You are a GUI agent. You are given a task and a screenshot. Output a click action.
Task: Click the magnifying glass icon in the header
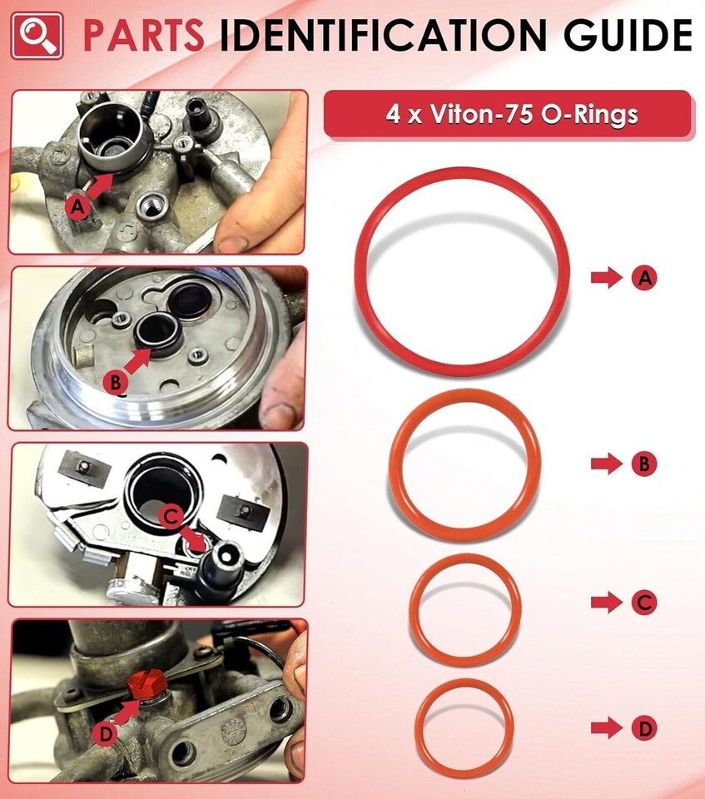coord(37,36)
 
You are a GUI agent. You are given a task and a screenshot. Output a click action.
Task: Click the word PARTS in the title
coord(143,36)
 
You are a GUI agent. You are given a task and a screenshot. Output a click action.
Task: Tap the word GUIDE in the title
coord(628,36)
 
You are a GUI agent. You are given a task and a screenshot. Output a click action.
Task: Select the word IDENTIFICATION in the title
coord(383,36)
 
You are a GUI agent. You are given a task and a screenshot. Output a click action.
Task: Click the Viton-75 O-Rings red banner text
coord(511,114)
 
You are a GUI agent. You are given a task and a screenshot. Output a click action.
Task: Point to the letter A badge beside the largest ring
coord(644,278)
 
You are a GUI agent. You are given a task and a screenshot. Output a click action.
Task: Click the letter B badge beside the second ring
coord(644,464)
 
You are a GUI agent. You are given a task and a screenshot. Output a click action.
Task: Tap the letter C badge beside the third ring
coord(644,603)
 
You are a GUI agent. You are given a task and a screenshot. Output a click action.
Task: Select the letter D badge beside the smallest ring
coord(644,729)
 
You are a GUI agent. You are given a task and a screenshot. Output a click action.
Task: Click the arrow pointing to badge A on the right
coord(607,278)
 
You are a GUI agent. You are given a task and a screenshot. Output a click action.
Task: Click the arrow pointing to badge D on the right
coord(607,729)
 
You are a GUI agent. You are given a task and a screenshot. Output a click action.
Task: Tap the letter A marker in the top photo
coord(77,207)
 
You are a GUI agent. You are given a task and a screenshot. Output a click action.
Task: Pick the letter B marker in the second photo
coord(116,382)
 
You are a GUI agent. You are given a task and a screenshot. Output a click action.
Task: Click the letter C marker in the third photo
coord(171,517)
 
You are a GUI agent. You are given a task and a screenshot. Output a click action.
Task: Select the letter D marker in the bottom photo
coord(106,734)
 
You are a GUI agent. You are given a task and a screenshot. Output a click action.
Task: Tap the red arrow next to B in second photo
coord(137,361)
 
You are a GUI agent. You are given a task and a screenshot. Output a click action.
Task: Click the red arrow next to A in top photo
coord(101,186)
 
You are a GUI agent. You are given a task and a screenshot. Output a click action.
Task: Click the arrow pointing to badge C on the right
coord(607,603)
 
